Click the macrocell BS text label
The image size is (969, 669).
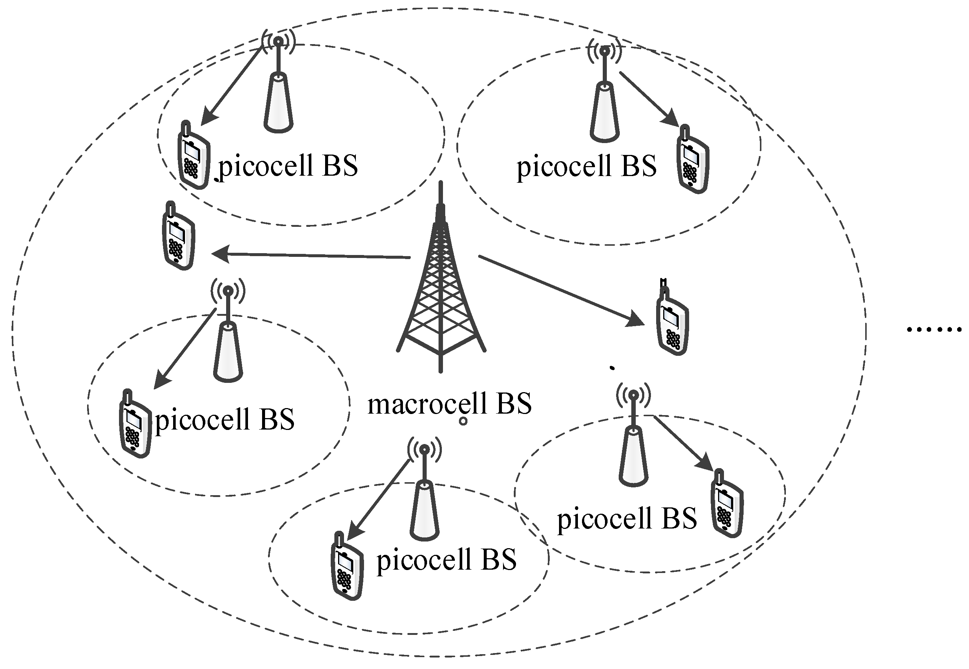[449, 403]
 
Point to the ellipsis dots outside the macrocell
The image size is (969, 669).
[933, 330]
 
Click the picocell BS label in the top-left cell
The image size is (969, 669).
[288, 166]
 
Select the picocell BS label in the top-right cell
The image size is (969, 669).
[586, 166]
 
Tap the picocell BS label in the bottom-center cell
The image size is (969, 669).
[446, 560]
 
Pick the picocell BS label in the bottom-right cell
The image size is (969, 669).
[626, 519]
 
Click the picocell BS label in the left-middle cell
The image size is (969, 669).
[225, 419]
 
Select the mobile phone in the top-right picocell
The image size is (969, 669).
[692, 160]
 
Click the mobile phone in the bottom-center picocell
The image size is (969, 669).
[347, 566]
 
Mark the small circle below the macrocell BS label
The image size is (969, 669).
[463, 421]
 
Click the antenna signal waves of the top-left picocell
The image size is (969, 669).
[278, 41]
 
